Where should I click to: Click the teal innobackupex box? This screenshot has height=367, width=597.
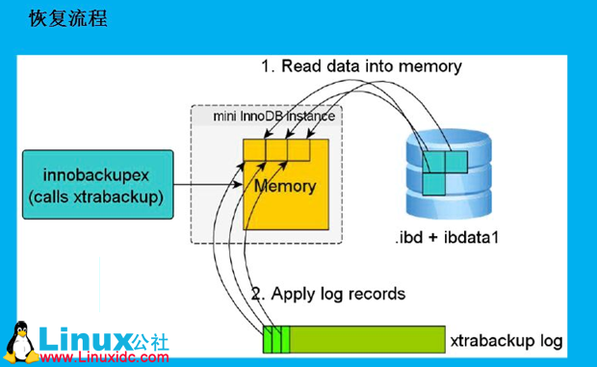(92, 184)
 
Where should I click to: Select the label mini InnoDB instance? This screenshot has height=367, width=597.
(273, 117)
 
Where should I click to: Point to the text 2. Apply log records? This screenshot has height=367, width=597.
(327, 293)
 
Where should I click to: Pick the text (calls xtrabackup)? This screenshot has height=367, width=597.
(92, 197)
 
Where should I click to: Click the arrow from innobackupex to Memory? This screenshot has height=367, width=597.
(207, 184)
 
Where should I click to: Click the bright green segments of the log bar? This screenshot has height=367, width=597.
(275, 340)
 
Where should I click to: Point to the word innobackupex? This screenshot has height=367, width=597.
(92, 174)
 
